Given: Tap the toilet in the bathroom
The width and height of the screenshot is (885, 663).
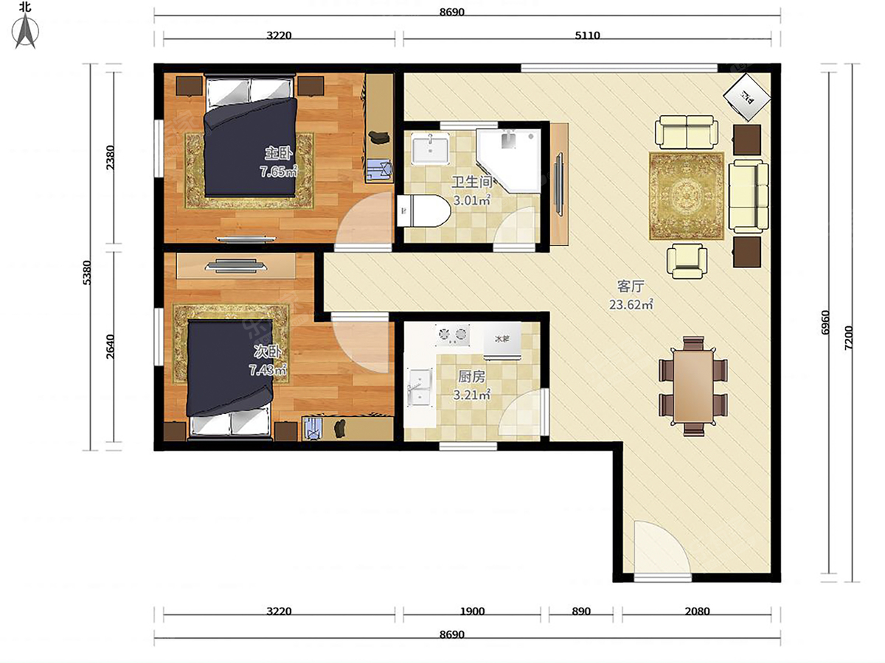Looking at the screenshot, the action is click(423, 211).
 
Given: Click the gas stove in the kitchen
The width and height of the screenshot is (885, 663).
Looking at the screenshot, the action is click(452, 335).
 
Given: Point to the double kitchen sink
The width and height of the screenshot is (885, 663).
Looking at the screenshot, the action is click(420, 387).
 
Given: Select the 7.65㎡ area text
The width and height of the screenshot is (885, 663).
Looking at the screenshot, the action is click(279, 172).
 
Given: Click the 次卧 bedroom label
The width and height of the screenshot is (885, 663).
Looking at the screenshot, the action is click(267, 351).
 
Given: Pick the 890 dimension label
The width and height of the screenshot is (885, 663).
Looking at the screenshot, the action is click(581, 611).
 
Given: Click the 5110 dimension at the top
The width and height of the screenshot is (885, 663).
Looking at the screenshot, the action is click(588, 35).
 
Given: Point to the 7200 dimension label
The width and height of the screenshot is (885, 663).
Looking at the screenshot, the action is click(848, 337).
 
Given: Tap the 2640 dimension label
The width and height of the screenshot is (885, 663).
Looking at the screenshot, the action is click(110, 346).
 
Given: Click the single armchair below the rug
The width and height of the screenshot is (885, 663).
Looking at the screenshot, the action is click(687, 262).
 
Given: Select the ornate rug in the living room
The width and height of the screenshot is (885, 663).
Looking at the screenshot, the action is click(687, 196).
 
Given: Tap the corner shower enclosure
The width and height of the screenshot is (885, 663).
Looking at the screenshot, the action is click(509, 161).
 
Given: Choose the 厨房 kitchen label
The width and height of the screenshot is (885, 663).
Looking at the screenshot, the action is click(472, 376).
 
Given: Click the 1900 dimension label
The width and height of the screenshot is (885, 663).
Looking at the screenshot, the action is click(472, 611).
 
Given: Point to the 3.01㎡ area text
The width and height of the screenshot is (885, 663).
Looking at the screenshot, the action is click(472, 200).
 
